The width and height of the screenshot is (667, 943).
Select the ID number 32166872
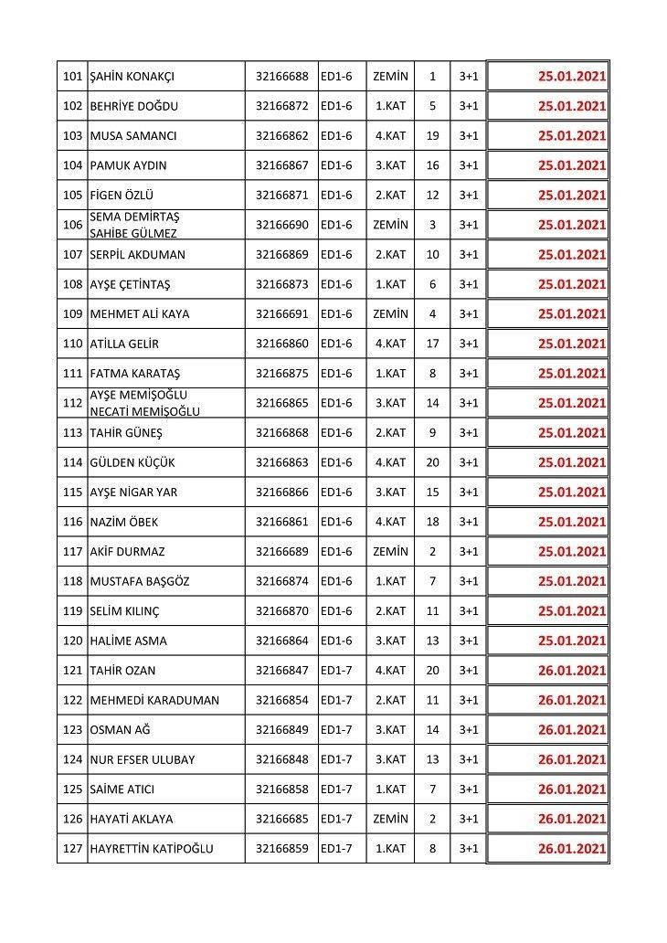[x=281, y=106]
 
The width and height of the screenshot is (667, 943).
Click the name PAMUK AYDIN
[x=128, y=165]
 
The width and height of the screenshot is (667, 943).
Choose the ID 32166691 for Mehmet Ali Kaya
[x=281, y=314]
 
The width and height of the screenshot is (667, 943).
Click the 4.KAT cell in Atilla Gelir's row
[x=390, y=344]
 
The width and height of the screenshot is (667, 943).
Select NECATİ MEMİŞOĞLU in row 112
[x=144, y=411]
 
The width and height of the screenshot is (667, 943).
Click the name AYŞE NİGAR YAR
[x=133, y=493]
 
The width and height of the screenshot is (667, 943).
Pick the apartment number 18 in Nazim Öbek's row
[x=432, y=522]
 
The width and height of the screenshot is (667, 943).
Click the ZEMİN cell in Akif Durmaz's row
[x=390, y=552]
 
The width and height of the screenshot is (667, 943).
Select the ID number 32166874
[x=281, y=581]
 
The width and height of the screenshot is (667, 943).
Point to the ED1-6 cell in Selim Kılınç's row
[x=336, y=611]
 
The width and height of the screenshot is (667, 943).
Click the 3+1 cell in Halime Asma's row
[x=469, y=641]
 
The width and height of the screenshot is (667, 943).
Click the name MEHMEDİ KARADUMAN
[x=154, y=700]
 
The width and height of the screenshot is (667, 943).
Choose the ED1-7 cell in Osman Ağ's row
[x=336, y=730]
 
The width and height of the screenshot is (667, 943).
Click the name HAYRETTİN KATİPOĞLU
[x=151, y=849]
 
